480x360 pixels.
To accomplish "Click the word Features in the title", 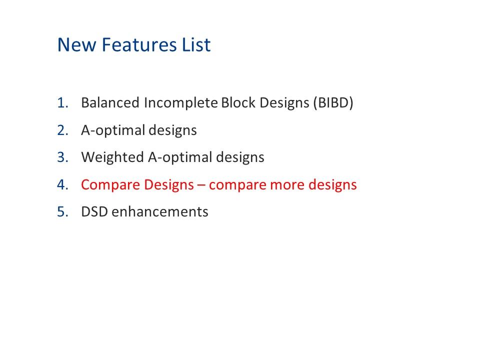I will coord(133,45).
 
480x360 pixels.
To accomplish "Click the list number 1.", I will coord(62,103).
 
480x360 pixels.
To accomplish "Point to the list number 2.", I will coord(62,130).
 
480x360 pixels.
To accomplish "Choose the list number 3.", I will coord(62,157).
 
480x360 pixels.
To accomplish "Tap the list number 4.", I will coord(62,184).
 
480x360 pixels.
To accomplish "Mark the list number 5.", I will coord(62,211).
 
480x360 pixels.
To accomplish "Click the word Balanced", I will coord(110,103).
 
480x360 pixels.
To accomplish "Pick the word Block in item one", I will coord(237,103).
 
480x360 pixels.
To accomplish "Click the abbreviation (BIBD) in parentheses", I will coord(333,103).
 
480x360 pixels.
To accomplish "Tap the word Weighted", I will coord(112,157).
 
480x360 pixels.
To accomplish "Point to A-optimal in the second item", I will coord(113,130).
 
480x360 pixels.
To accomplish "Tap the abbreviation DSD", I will coord(94,211).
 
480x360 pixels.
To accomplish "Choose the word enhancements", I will coord(160,211).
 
